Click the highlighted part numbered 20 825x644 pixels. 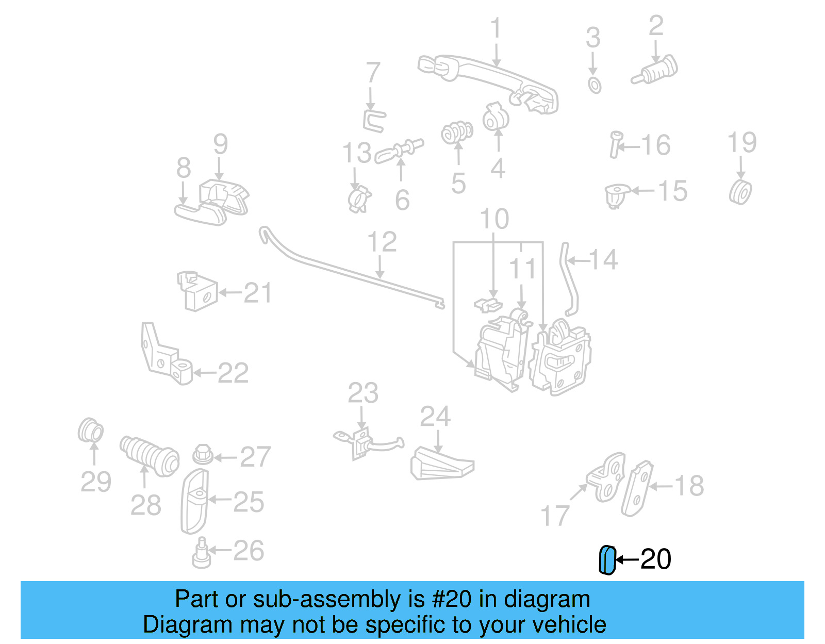click(607, 560)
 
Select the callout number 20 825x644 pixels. click(655, 559)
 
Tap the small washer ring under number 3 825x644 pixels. click(595, 85)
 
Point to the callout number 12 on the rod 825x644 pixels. click(382, 242)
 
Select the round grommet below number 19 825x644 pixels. click(740, 192)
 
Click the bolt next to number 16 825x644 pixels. click(615, 144)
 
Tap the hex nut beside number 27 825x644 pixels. click(203, 455)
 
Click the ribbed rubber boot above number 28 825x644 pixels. click(150, 456)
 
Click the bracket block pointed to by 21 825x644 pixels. click(199, 293)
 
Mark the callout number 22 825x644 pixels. click(233, 373)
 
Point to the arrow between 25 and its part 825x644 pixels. click(220, 499)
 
